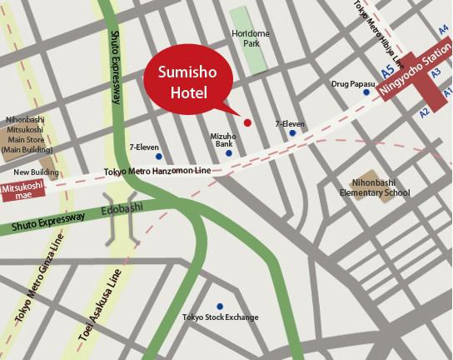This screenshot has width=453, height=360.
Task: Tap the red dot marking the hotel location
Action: click(x=247, y=122)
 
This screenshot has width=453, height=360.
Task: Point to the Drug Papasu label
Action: click(x=351, y=83)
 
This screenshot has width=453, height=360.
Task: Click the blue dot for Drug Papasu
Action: click(x=366, y=92)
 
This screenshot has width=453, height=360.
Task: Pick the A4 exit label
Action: click(x=443, y=29)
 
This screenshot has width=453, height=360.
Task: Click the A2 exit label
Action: click(x=425, y=111)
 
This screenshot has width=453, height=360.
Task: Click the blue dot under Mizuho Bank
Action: click(x=229, y=153)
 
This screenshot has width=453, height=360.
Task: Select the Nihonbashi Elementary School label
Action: click(x=381, y=187)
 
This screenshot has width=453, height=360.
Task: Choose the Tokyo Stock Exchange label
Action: click(x=220, y=317)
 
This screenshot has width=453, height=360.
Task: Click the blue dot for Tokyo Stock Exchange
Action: click(x=220, y=306)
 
